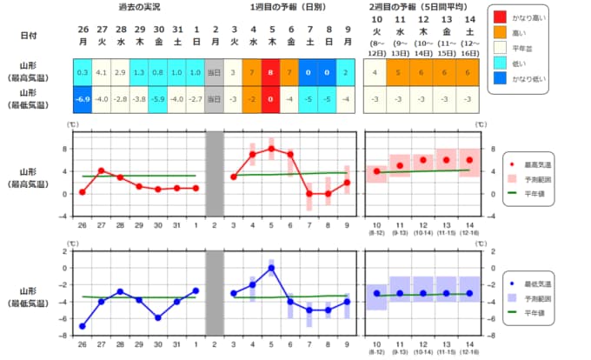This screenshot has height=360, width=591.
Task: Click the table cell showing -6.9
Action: pos(83,98)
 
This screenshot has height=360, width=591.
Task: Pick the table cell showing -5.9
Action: pos(159,98)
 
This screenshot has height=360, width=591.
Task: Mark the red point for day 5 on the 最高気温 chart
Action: pos(271,149)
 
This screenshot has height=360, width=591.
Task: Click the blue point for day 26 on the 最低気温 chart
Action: pos(83,326)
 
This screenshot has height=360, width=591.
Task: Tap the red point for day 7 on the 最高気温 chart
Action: pos(309,193)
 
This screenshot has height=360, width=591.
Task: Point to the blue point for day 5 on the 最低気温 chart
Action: pos(271,268)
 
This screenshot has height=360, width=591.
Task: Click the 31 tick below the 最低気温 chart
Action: pos(177,344)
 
